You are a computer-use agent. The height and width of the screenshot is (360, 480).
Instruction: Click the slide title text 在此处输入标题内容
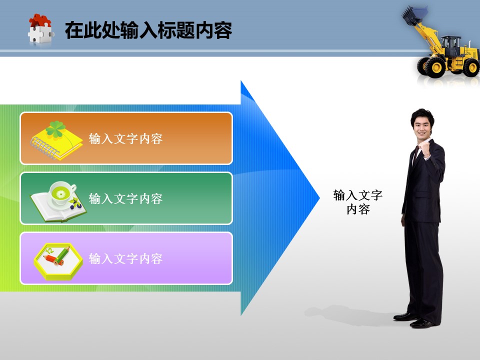point(148,30)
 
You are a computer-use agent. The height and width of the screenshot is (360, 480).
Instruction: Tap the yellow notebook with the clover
point(56,141)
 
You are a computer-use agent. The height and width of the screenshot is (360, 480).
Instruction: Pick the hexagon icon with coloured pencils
point(58,261)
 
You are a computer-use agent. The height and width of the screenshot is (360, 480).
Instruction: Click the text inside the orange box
point(125,138)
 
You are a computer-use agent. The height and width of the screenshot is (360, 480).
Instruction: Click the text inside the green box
point(125,198)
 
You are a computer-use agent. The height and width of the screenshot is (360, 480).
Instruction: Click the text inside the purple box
point(125,258)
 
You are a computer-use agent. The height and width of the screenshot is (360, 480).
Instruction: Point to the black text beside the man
point(358,202)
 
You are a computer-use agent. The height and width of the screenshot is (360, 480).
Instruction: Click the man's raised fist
point(425,150)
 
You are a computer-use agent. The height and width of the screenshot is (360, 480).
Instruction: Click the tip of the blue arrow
point(319,198)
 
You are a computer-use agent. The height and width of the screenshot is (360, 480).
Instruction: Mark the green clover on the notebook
point(55,129)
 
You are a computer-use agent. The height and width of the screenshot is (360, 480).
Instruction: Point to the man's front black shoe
point(422,323)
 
